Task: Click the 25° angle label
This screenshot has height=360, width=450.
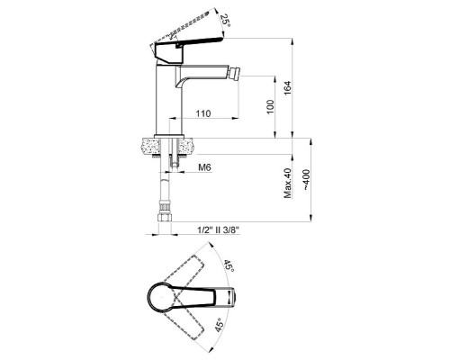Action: (225, 21)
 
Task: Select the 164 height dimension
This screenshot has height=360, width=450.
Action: (288, 88)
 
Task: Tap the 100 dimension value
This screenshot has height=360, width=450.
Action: (270, 107)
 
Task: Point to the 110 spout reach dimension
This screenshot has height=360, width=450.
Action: (203, 113)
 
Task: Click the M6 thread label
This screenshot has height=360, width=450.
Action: (205, 167)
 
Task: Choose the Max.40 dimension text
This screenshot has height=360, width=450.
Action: (287, 183)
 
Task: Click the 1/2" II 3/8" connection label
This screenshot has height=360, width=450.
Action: (218, 230)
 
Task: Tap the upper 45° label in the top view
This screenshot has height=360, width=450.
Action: (229, 265)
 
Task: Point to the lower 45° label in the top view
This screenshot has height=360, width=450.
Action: (220, 325)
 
